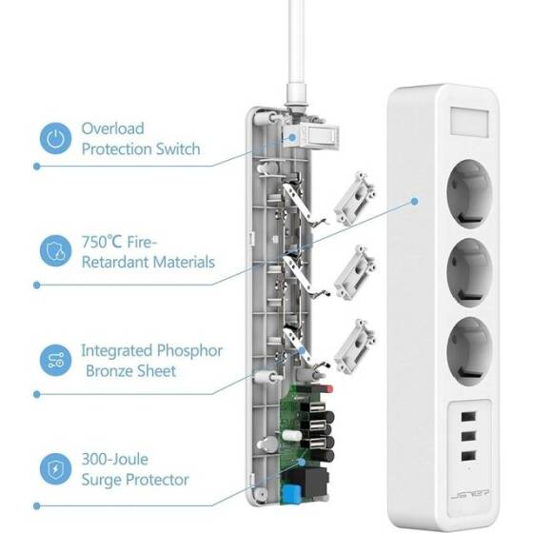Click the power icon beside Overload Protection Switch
pyautogui.click(x=55, y=138)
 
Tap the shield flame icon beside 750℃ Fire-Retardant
pyautogui.click(x=55, y=251)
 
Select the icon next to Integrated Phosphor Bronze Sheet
pyautogui.click(x=55, y=360)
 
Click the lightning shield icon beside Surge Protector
pyautogui.click(x=55, y=470)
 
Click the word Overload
pyautogui.click(x=113, y=128)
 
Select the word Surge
pyautogui.click(x=104, y=481)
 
